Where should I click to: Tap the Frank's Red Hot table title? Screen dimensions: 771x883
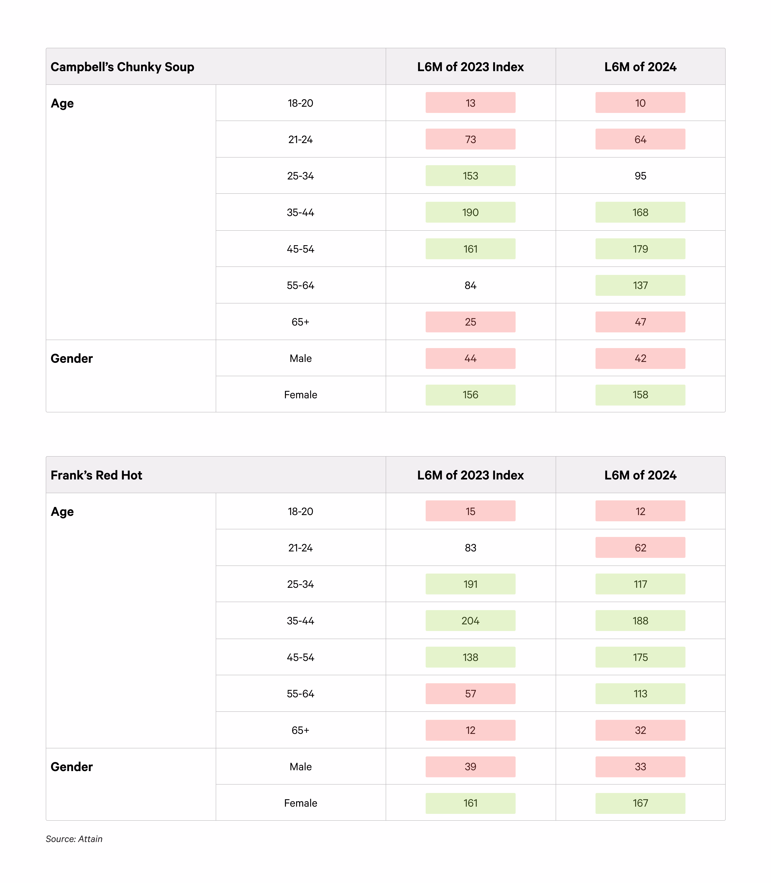click(96, 475)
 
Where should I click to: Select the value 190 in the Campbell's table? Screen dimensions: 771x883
click(470, 212)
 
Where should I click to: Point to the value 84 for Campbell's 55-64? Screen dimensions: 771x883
click(470, 285)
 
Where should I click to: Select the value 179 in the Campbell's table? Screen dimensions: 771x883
click(640, 249)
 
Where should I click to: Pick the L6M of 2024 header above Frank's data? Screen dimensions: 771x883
click(640, 475)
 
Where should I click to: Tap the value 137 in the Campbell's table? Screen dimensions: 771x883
click(640, 285)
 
